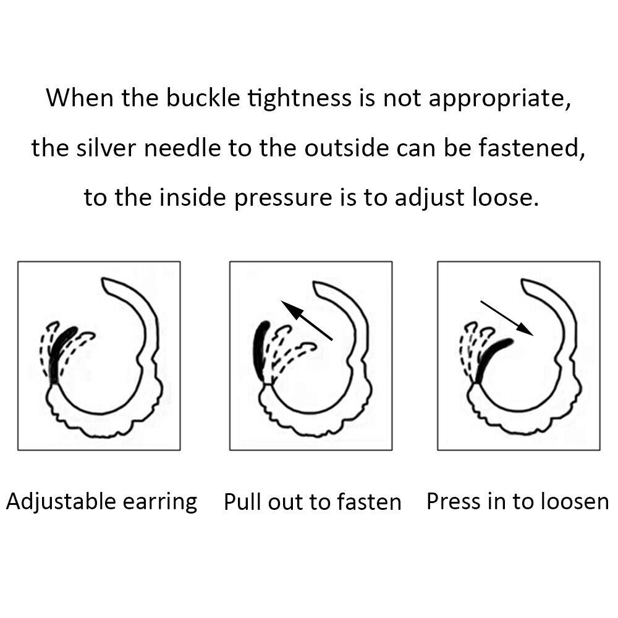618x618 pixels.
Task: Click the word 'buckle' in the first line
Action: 203,98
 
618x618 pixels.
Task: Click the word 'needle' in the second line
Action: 182,148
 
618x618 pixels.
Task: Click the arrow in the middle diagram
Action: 307,320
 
